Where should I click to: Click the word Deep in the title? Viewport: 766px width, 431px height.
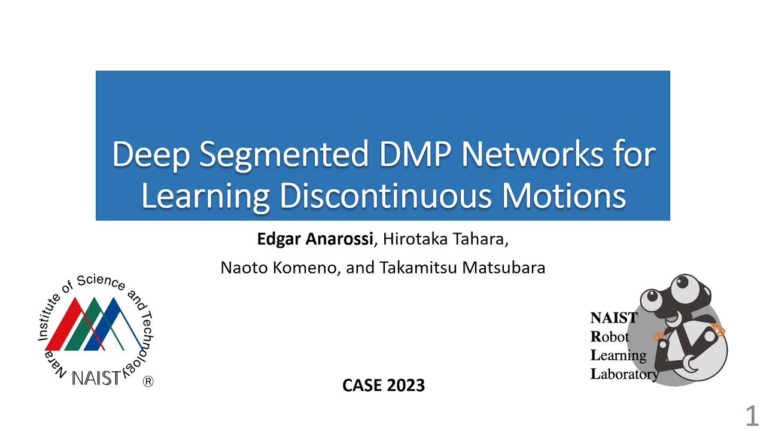point(150,155)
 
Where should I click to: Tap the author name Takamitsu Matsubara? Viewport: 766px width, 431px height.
point(462,268)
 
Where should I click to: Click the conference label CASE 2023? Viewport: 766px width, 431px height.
point(384,386)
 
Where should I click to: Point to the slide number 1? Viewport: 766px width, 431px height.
point(752,415)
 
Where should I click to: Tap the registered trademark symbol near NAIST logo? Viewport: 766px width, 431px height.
point(148,382)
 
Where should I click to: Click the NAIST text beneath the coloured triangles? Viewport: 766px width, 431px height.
point(96,378)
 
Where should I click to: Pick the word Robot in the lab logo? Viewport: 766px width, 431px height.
point(610,337)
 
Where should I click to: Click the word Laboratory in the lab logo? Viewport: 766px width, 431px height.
point(624,375)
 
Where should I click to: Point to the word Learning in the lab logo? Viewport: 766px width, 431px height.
point(618,356)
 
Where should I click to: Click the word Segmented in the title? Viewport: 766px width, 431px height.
point(284,155)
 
